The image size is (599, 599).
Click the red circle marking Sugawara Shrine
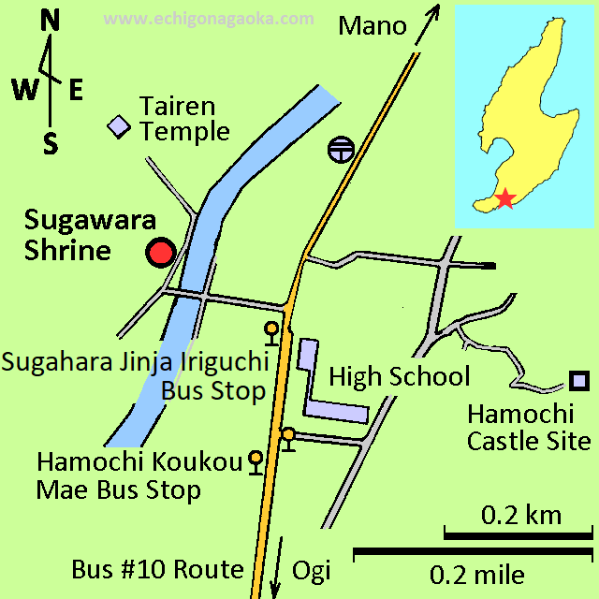pos(160,253)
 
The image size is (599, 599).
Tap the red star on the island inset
pos(504,197)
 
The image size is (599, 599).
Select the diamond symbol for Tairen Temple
pos(119,125)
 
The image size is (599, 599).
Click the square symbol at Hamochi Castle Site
pos(579,381)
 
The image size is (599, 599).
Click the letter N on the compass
pos(51,22)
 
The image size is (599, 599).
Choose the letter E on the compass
pos(76,90)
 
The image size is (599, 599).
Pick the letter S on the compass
pos(51,143)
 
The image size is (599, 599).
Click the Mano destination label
pos(373,26)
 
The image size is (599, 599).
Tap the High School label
pos(399,377)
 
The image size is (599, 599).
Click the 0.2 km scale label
pos(521,515)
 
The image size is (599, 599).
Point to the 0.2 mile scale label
pos(476,573)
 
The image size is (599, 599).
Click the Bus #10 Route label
pos(157,570)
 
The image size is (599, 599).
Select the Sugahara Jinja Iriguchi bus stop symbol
pos(271,329)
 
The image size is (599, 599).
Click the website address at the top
pos(209,18)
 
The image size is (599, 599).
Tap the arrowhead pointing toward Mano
pos(434,11)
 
